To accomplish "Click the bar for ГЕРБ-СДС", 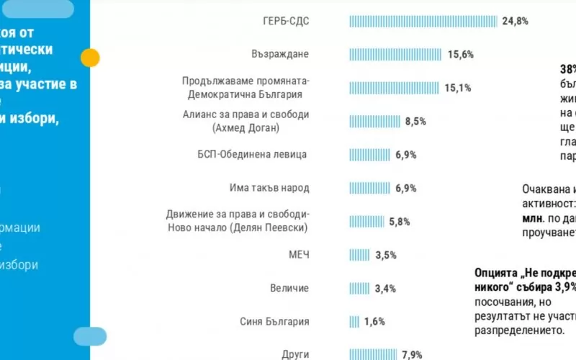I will click(423, 21).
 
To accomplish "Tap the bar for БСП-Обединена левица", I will click(370, 155).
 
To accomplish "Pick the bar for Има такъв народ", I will click(370, 188).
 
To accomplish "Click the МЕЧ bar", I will click(360, 255).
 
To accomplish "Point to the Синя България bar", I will click(354, 322).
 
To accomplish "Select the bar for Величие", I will click(359, 289).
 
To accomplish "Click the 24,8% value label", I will click(516, 21).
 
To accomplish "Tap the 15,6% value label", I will click(461, 55).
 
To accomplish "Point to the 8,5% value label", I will click(415, 122).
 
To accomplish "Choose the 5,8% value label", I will click(400, 222).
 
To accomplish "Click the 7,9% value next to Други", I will click(411, 354).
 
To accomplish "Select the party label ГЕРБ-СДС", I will click(286, 21).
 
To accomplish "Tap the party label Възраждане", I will click(282, 55).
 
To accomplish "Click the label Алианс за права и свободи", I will click(246, 114).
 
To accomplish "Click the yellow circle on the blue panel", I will click(91, 58).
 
